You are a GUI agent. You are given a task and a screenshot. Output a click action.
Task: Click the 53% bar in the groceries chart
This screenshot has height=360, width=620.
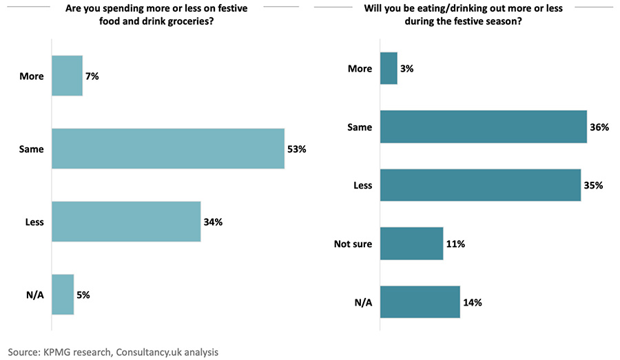pyautogui.click(x=168, y=149)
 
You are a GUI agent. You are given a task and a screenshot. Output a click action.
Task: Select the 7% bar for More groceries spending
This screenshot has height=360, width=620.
pyautogui.click(x=67, y=76)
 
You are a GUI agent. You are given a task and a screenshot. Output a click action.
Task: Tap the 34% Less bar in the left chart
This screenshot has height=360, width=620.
pyautogui.click(x=126, y=222)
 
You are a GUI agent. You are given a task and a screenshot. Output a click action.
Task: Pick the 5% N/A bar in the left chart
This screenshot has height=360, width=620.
pyautogui.click(x=63, y=295)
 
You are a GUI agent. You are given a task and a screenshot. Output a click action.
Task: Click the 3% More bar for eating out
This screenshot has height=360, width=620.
pyautogui.click(x=389, y=69)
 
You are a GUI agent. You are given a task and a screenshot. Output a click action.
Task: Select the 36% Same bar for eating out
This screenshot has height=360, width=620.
pyautogui.click(x=483, y=127)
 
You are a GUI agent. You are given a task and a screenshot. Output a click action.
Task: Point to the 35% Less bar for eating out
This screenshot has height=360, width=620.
pyautogui.click(x=480, y=185)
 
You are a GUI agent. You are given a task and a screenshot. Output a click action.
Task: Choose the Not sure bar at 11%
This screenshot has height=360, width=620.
pyautogui.click(x=411, y=243)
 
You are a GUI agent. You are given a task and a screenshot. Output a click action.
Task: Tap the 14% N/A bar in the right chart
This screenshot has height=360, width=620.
pyautogui.click(x=420, y=301)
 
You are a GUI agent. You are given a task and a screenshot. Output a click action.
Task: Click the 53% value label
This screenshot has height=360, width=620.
pyautogui.click(x=298, y=149)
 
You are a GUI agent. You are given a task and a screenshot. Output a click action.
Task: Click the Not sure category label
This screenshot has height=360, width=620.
pyautogui.click(x=352, y=243)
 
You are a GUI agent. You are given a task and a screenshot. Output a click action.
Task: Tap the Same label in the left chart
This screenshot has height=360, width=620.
pyautogui.click(x=31, y=149)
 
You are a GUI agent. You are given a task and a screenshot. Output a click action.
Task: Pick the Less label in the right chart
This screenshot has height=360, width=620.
pyautogui.click(x=362, y=185)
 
